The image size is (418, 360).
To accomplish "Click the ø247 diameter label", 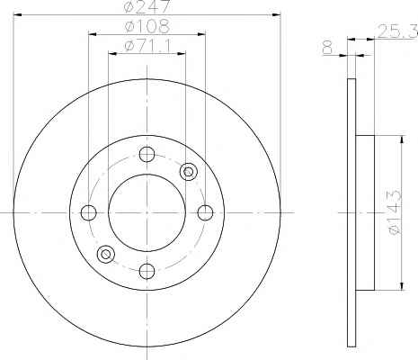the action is pos(147,6).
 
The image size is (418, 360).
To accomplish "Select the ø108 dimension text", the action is pos(147,26).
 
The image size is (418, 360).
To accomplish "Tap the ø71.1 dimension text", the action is pos(147,46).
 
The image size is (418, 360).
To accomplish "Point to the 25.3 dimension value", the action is pos(397,31).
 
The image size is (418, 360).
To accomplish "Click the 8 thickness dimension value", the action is pos(327,48).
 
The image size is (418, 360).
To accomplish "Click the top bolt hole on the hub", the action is pos(147,154).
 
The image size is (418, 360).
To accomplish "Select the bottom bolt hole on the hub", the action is pos(147,271).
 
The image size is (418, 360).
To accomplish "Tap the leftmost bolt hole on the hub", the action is pos(89,212).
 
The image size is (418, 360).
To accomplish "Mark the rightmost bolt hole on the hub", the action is pos(205,212).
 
